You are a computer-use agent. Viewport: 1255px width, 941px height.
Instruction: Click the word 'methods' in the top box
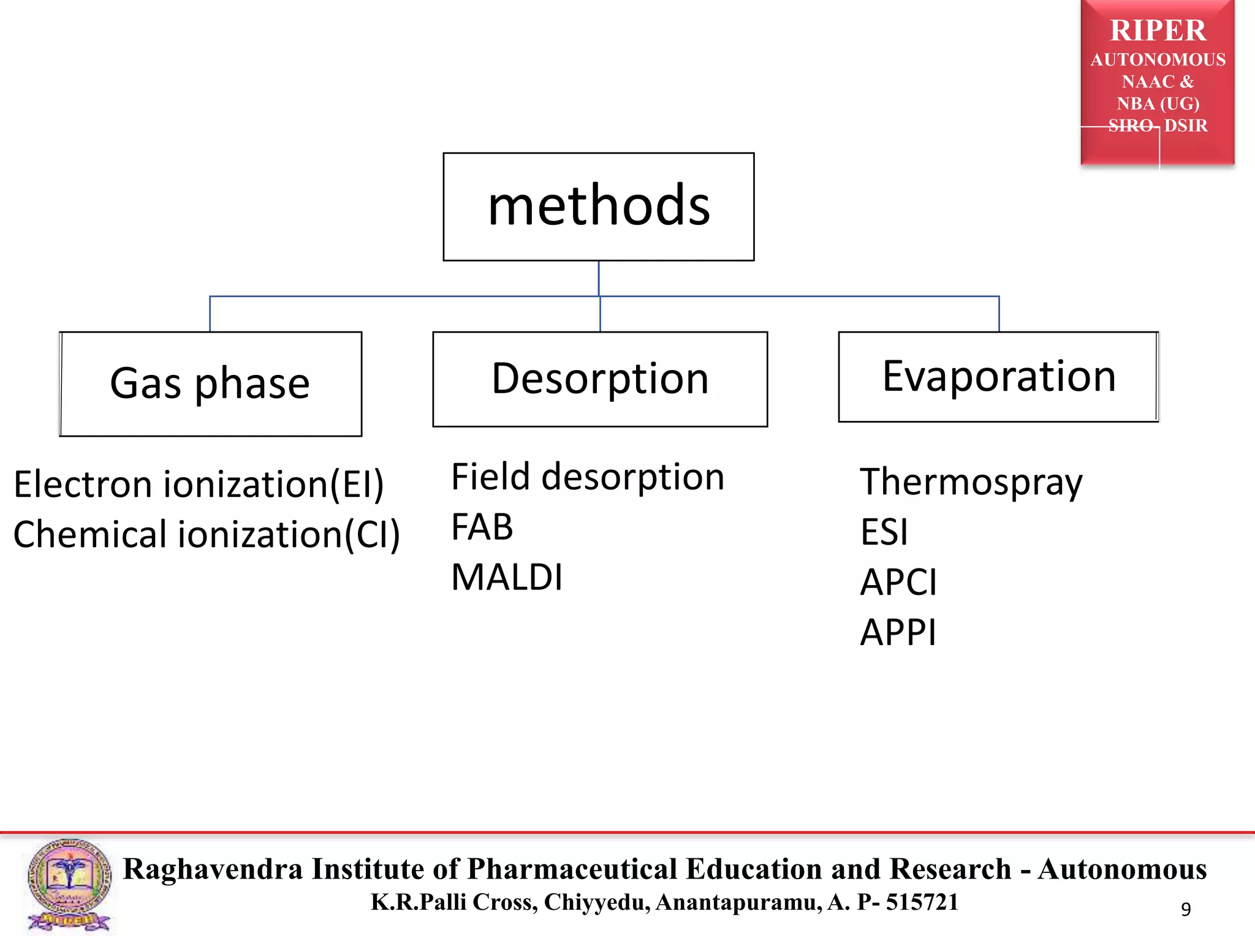tap(599, 206)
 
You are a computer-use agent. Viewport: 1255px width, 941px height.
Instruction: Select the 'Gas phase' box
tap(210, 384)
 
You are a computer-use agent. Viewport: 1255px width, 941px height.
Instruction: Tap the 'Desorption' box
tap(600, 379)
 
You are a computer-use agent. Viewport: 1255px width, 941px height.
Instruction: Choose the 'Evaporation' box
tap(998, 377)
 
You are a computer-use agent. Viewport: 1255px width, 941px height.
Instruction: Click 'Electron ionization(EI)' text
tap(199, 485)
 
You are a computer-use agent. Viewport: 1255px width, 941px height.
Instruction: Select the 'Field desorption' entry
tap(588, 477)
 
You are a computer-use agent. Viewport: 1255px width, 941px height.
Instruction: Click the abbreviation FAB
tap(482, 527)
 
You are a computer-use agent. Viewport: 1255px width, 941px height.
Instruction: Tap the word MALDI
tap(507, 578)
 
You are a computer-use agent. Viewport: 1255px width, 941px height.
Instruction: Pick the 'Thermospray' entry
tap(971, 482)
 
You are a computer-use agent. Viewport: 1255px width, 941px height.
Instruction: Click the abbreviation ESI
tap(884, 532)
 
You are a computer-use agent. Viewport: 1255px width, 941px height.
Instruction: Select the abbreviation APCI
tap(898, 582)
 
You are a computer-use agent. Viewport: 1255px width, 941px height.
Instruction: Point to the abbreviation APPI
tap(898, 632)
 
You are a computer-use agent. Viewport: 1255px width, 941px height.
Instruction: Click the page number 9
tap(1186, 909)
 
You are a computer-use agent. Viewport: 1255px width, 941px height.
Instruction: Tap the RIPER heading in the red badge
tap(1158, 31)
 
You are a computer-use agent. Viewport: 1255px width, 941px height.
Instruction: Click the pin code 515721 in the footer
tap(922, 902)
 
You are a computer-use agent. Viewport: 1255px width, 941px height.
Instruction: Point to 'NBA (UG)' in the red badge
tap(1158, 104)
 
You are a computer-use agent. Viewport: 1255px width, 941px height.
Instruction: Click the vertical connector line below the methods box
tap(599, 279)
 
